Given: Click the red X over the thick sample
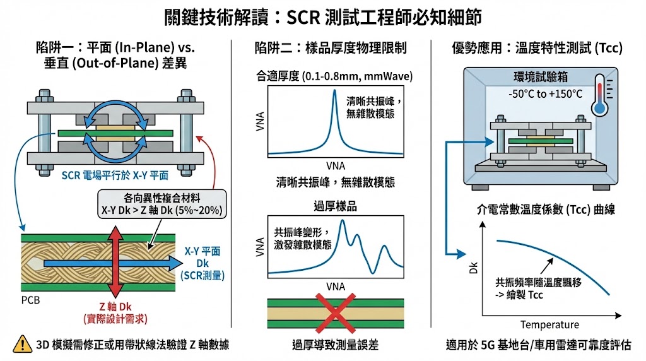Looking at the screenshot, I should tap(334, 314).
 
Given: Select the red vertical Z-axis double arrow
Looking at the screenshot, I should tap(114, 261).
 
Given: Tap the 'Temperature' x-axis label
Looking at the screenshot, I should tap(549, 325).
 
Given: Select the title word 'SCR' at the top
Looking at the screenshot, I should tap(305, 17).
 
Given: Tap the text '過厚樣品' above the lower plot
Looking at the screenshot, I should tap(334, 205).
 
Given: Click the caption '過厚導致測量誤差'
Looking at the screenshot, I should tap(334, 345).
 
